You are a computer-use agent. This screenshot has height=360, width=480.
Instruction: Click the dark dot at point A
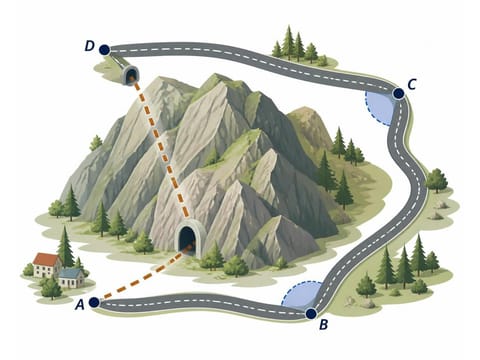(94, 302)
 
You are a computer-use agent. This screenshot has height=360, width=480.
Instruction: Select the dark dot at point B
(311, 313)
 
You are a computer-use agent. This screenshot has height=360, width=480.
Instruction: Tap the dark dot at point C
(398, 94)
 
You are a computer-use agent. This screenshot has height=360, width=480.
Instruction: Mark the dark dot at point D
(104, 50)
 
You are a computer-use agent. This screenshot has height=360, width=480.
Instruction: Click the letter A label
(80, 304)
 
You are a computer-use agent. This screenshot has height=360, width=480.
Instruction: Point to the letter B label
(323, 324)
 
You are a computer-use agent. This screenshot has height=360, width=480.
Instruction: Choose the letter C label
(412, 84)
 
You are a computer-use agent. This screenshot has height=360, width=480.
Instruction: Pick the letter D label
(89, 46)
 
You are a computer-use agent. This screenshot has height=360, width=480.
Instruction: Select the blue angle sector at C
(380, 108)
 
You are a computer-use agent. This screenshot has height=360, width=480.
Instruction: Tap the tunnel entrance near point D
(130, 75)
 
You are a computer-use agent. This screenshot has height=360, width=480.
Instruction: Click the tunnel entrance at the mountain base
(187, 239)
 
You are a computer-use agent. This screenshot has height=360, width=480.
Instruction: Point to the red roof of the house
(46, 259)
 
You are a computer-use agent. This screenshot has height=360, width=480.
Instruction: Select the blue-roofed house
(71, 278)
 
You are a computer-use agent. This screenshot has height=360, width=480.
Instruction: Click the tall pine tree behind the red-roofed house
(65, 246)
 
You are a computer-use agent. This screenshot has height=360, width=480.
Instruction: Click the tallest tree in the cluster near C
(288, 42)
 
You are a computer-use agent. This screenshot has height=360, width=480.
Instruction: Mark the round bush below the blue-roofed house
(51, 289)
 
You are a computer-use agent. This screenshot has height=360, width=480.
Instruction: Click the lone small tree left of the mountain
(96, 143)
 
